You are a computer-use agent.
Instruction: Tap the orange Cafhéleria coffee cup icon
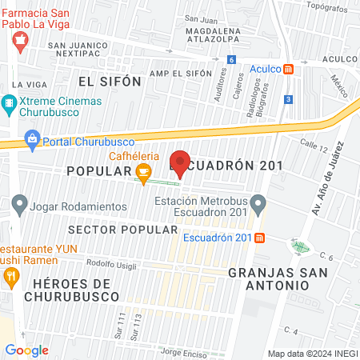pos(143,171)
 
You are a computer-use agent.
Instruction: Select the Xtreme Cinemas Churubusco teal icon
pos(9,103)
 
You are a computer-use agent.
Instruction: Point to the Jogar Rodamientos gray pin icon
pos(19,206)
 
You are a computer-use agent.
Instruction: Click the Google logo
pos(26,350)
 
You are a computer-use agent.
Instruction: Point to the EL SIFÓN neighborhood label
pos(110,81)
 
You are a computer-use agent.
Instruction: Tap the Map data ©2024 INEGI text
pos(310,353)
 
